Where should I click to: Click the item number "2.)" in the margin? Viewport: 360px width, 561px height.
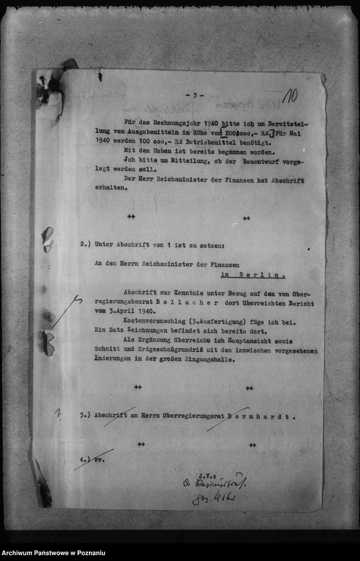[85, 245]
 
